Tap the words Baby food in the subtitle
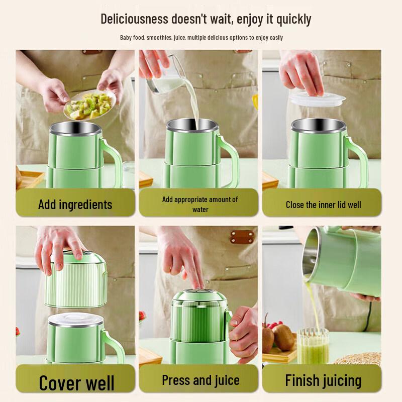pyautogui.click(x=132, y=38)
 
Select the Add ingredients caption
pyautogui.click(x=75, y=205)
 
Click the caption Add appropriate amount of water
pyautogui.click(x=200, y=204)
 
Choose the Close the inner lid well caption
pyautogui.click(x=323, y=205)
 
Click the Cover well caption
pyautogui.click(x=76, y=382)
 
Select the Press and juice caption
pyautogui.click(x=200, y=380)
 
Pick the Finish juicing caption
pyautogui.click(x=323, y=380)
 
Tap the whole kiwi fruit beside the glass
pyautogui.click(x=283, y=337)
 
